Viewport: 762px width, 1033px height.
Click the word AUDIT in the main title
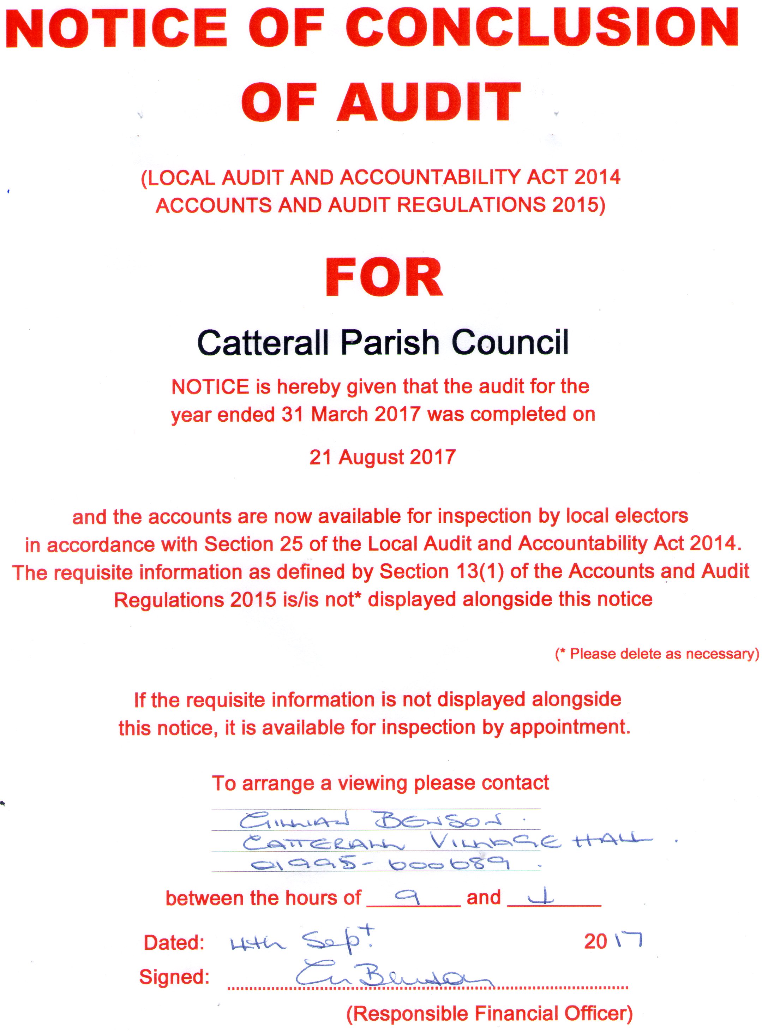point(429,102)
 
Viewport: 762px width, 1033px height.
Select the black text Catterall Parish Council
point(383,343)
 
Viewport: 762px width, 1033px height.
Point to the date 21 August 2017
point(382,457)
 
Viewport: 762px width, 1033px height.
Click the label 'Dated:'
point(174,943)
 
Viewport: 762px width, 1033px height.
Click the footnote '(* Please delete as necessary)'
point(657,654)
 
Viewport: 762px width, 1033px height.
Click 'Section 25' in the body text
point(254,544)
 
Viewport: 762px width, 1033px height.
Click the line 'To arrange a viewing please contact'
point(380,783)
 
